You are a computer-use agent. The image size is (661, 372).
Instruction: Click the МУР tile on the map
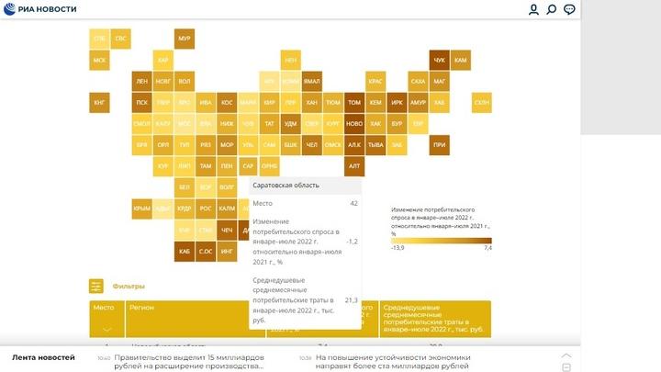point(184,39)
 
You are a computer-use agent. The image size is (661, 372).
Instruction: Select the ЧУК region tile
point(439,60)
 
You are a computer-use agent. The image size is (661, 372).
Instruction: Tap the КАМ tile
point(461,60)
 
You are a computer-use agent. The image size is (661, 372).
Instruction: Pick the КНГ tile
point(99,102)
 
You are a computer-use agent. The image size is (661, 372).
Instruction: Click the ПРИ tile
point(439,144)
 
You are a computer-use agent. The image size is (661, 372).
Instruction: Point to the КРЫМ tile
point(141,209)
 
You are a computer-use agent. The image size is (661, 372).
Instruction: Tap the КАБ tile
point(184,251)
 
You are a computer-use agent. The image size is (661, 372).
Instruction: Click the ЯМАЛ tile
point(312,81)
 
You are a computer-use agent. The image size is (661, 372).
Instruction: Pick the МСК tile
point(99,60)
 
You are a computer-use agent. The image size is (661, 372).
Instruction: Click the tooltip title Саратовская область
point(286,186)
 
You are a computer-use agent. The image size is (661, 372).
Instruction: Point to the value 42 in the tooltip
point(353,203)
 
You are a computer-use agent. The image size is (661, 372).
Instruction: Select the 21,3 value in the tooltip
point(352,299)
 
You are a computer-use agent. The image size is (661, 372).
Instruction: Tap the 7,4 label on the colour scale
point(488,248)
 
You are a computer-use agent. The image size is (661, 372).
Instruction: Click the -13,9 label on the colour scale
point(398,248)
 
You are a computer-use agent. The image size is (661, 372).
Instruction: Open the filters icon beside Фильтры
point(96,287)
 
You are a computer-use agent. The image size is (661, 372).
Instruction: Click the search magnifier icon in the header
point(552,9)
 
